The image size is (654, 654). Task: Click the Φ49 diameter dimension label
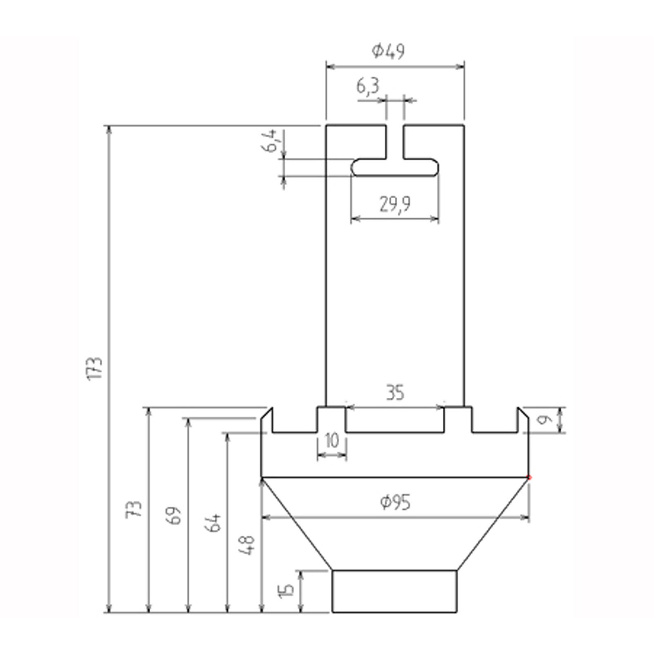[x=388, y=51]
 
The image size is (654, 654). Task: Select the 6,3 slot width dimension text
[x=368, y=87]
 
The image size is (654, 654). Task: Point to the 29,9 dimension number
[x=394, y=204]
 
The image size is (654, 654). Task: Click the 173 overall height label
[x=96, y=368]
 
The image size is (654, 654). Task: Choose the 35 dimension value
[x=394, y=393]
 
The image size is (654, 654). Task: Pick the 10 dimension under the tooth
[x=332, y=441]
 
